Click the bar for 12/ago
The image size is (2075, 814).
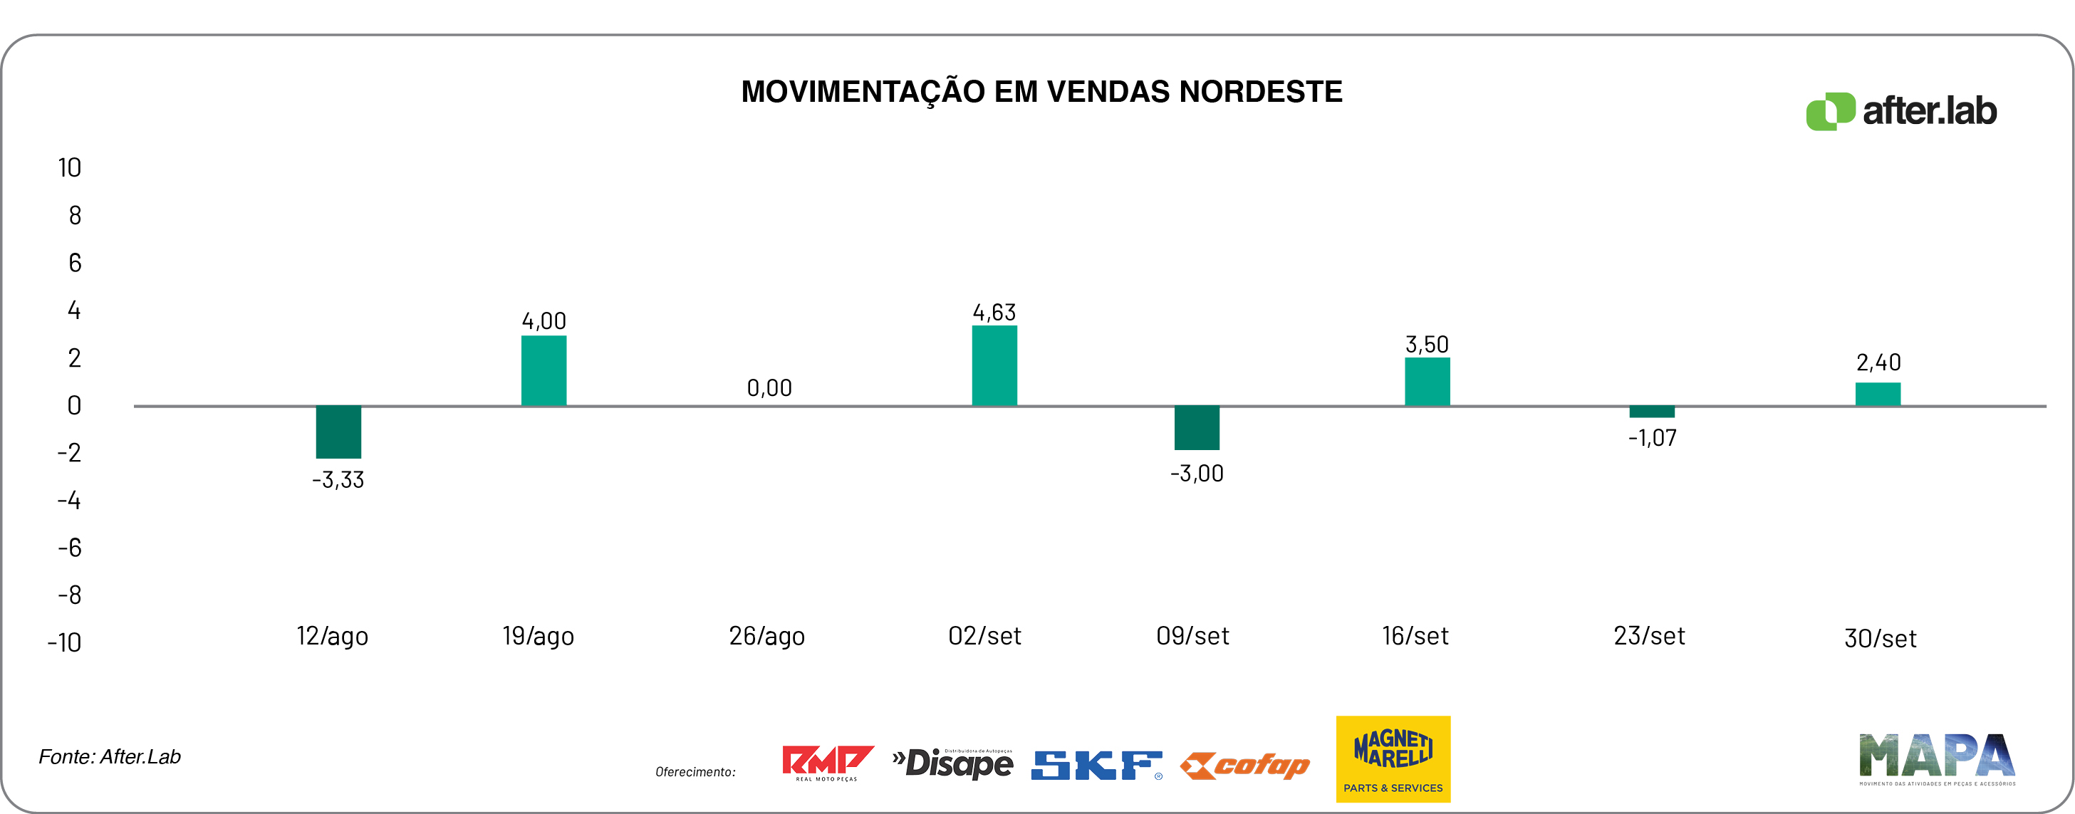coord(338,432)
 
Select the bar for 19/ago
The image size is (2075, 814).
coord(544,370)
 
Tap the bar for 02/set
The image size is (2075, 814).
coord(994,365)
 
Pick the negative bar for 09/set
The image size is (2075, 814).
coord(1196,427)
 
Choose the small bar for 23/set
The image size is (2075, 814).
coord(1651,412)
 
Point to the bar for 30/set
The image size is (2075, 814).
coord(1878,394)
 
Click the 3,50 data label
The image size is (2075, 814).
coord(1427,345)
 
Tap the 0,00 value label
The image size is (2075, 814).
coord(769,388)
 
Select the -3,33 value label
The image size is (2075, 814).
coord(338,480)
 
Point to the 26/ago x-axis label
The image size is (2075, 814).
coord(767,636)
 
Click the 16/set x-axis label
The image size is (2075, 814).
coord(1415,636)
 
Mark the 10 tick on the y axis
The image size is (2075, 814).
coord(69,167)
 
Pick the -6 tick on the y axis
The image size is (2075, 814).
coord(69,548)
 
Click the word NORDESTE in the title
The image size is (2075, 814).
coord(1261,92)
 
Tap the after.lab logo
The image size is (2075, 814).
coord(1901,111)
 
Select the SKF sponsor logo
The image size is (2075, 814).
coord(1096,765)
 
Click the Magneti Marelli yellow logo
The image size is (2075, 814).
coord(1393,758)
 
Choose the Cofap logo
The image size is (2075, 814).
coord(1245,766)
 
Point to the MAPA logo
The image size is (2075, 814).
coord(1936,758)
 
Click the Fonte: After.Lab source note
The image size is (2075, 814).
coord(110,757)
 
